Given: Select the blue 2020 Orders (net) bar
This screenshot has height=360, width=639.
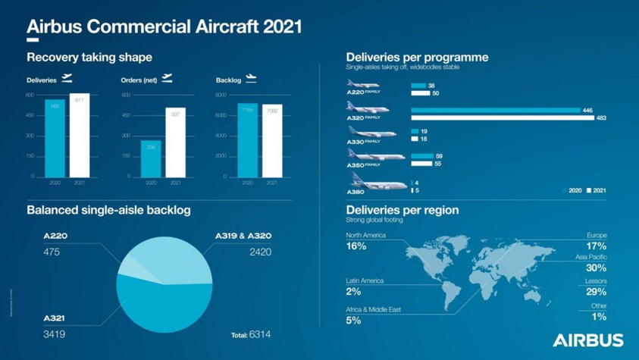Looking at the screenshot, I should point(151,158).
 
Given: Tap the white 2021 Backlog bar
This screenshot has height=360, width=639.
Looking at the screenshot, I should point(271,140).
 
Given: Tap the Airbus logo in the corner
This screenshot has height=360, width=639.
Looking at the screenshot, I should point(588,340).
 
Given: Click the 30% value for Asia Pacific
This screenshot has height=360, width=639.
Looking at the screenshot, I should point(596,268).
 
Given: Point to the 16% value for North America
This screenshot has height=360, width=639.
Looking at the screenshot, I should point(356,246).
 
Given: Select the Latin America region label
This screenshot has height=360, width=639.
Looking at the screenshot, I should point(365,280).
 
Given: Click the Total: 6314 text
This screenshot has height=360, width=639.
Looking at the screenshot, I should point(250,334).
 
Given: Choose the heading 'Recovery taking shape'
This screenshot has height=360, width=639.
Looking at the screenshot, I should point(89,58).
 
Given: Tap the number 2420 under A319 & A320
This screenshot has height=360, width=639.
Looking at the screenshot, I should point(260,252).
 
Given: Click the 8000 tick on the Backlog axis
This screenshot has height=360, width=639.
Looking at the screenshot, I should point(221,95).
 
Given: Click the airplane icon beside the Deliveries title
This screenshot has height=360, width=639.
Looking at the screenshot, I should point(68,78).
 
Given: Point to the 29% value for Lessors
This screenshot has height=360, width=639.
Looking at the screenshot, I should point(596,292).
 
